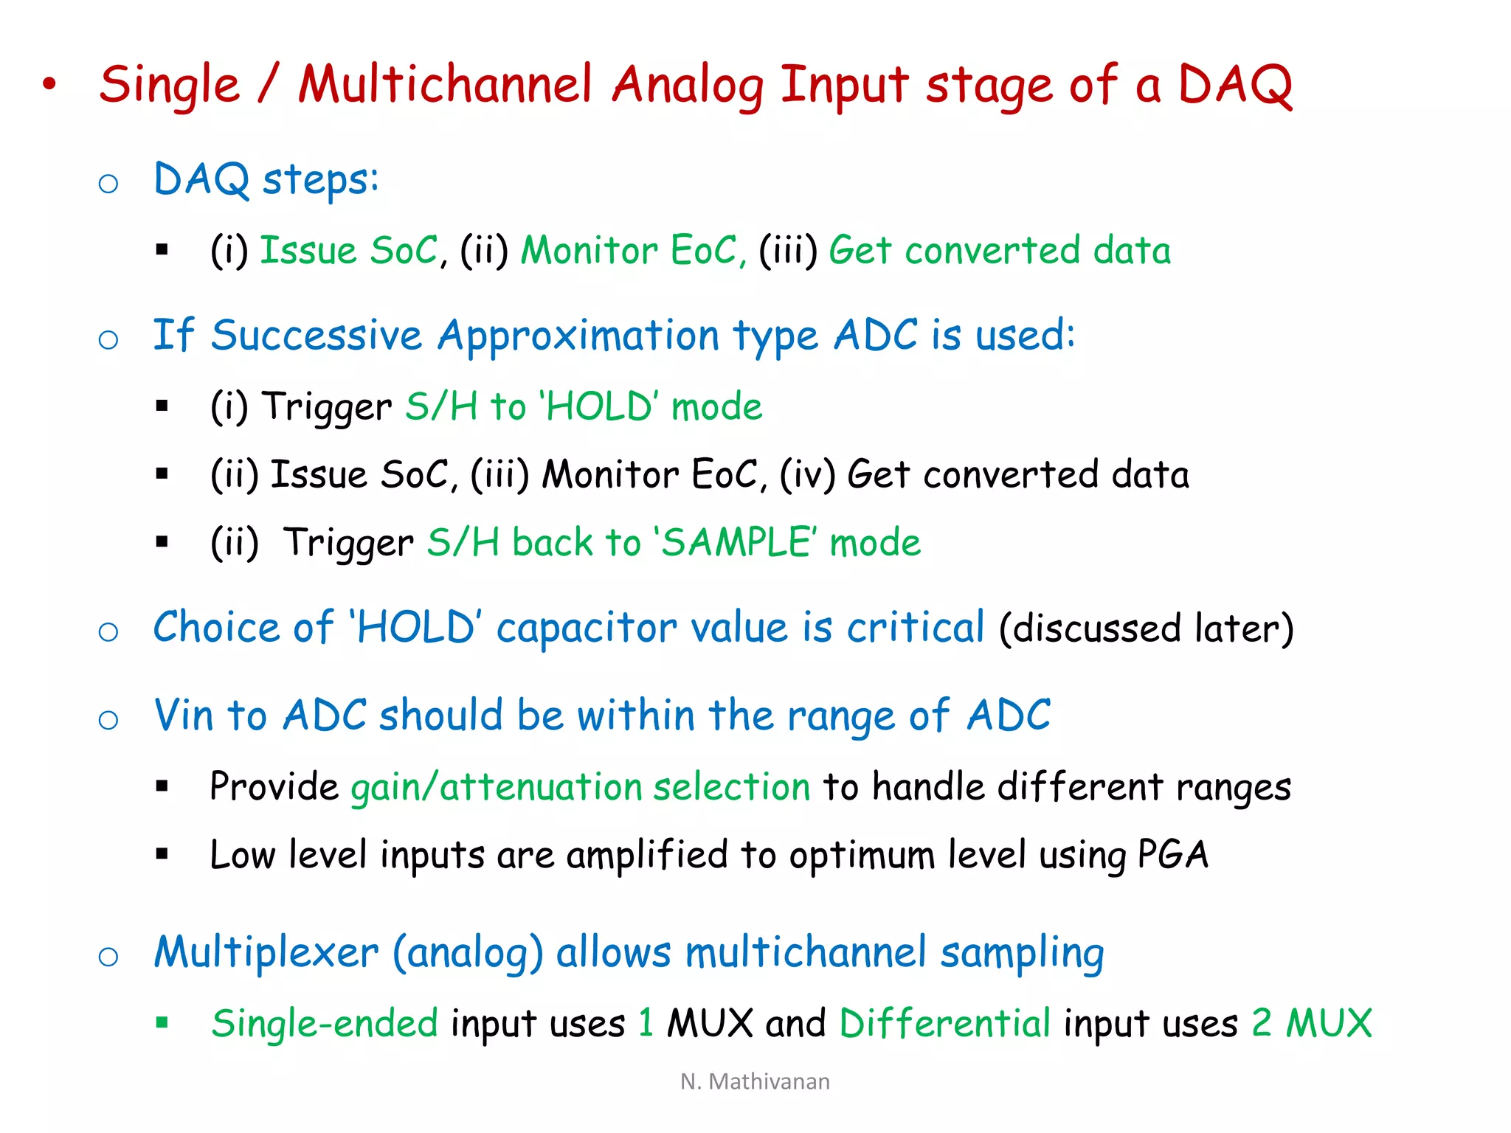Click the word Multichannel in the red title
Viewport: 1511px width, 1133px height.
[x=445, y=85]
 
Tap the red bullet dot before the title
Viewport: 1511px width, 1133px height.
[x=49, y=84]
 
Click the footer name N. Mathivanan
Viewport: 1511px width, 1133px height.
[x=755, y=1081]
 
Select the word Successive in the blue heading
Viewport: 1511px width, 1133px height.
[x=316, y=336]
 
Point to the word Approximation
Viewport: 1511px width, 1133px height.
[x=578, y=337]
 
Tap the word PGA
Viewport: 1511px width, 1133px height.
[x=1172, y=855]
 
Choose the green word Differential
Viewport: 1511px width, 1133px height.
[x=944, y=1024]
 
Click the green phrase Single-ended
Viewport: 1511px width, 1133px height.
[x=325, y=1024]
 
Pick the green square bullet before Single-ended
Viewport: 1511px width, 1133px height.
[x=162, y=1022]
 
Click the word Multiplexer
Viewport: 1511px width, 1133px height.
[x=266, y=952]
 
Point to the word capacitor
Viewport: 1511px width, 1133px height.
[x=587, y=628]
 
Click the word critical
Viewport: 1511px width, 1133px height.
[x=915, y=628]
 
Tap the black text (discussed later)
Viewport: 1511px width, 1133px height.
[x=1146, y=629]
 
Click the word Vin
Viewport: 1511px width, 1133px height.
[x=184, y=716]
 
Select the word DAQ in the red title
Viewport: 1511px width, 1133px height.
[x=1234, y=85]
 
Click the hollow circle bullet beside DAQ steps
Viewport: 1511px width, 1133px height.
[x=108, y=183]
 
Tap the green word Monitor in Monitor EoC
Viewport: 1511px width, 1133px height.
[x=589, y=251]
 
